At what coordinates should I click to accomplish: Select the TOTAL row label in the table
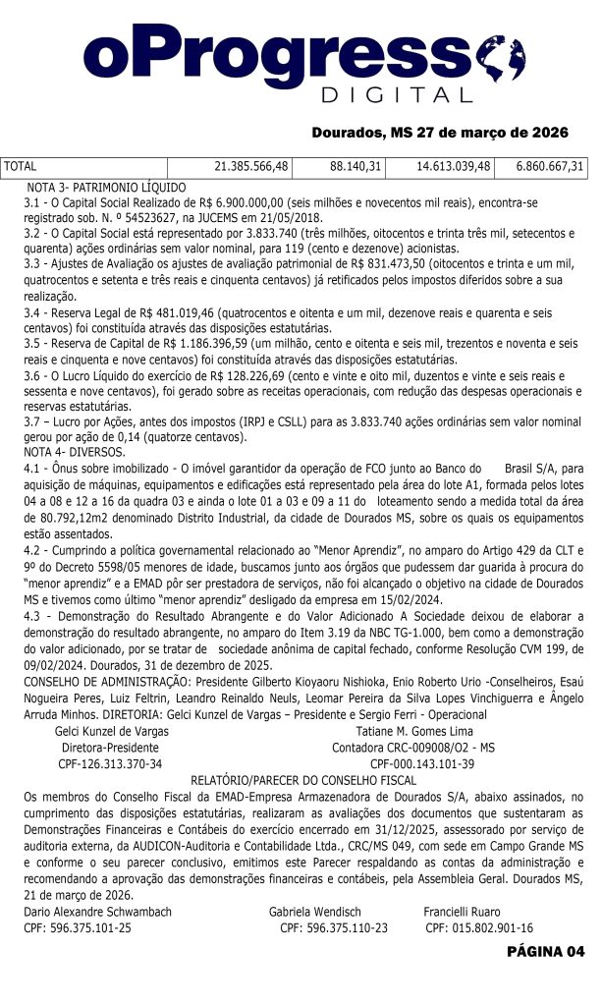(21, 167)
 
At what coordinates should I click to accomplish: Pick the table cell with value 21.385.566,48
(250, 167)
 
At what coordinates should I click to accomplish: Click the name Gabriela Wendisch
(315, 912)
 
